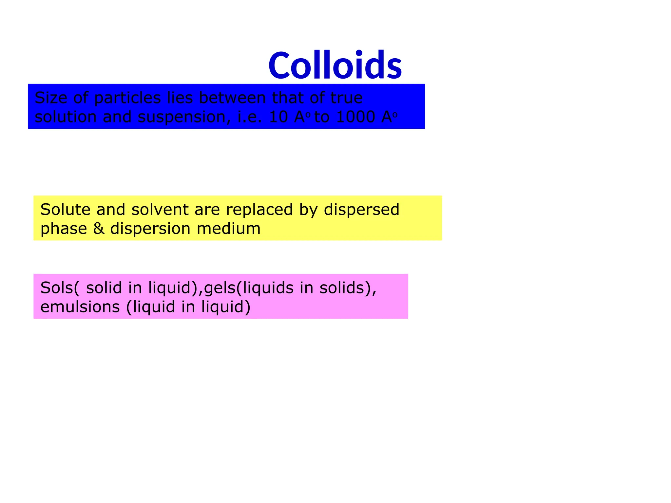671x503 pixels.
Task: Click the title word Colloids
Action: coord(335,65)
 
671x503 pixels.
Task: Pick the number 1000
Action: coord(355,117)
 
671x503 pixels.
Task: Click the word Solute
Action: coord(65,209)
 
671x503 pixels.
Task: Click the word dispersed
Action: coord(362,210)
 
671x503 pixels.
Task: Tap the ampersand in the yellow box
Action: coord(99,229)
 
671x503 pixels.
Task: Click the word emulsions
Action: coord(80,307)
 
